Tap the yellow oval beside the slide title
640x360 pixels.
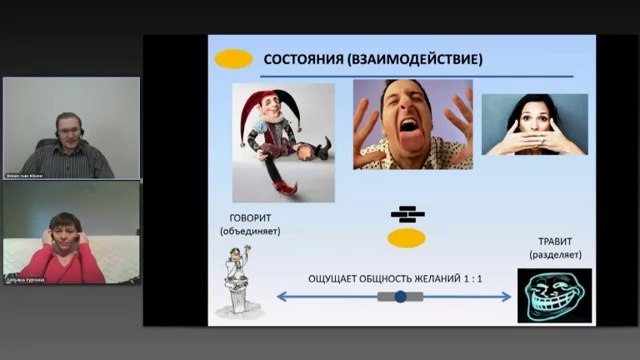(234, 59)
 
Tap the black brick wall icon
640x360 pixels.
(407, 214)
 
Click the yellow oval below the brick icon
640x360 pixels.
(407, 238)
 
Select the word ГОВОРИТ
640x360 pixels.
(250, 216)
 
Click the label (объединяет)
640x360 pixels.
(250, 231)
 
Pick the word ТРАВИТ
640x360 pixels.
(554, 241)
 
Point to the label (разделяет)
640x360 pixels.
(554, 256)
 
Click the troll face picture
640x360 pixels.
(554, 295)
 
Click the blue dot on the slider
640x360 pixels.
(401, 297)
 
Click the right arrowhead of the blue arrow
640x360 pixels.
(510, 297)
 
